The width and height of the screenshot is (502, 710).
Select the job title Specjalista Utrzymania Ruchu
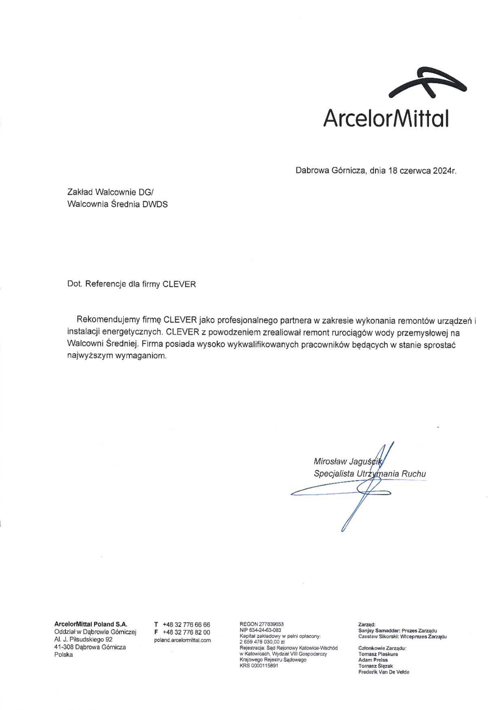click(x=370, y=474)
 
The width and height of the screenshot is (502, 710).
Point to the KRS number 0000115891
click(x=259, y=665)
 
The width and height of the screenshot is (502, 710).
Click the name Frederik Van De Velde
click(x=384, y=672)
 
